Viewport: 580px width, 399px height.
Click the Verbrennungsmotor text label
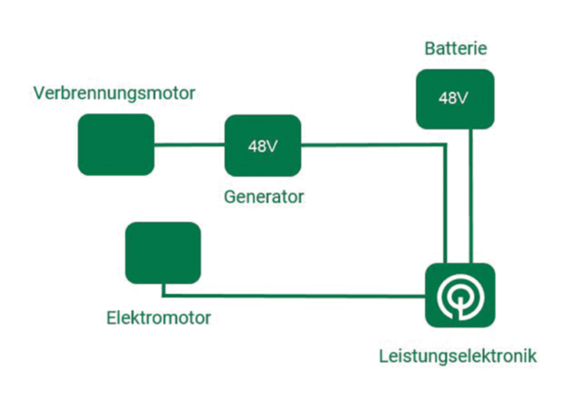[114, 93]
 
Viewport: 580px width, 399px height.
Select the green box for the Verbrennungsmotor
[115, 144]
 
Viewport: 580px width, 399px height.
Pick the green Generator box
[263, 145]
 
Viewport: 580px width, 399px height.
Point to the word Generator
[265, 196]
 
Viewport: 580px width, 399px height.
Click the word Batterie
[455, 47]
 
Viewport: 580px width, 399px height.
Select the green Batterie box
[455, 98]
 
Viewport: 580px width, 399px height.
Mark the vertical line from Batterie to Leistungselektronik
[469, 195]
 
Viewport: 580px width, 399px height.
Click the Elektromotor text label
[159, 318]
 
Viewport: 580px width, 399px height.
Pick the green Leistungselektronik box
[460, 296]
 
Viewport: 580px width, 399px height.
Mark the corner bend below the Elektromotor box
[163, 295]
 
